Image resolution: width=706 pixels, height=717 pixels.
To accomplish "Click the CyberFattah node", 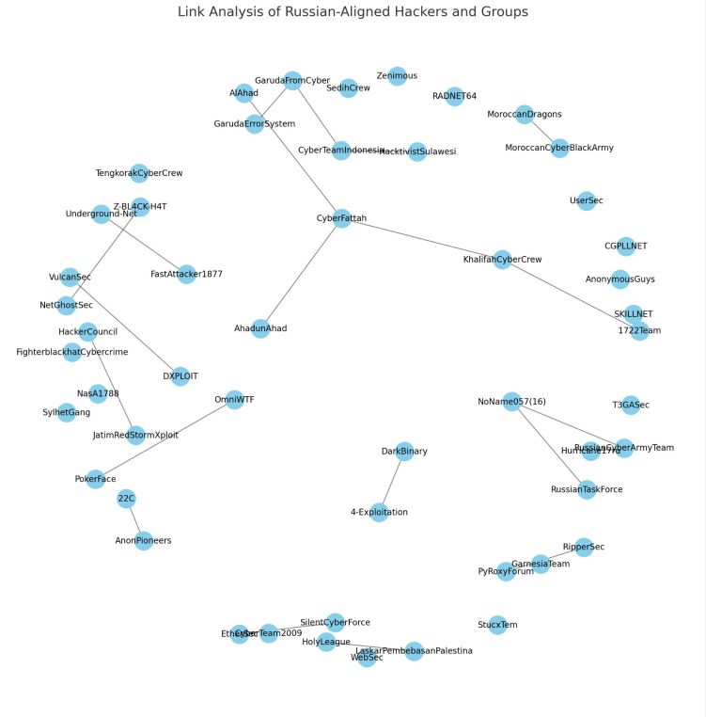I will [341, 218].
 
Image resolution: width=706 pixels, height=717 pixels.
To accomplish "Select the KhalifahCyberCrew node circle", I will [502, 260].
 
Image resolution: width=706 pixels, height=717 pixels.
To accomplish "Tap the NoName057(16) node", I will [511, 402].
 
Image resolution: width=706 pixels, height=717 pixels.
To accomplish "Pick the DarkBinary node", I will [404, 452].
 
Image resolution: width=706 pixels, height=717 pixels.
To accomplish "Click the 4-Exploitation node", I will [380, 512].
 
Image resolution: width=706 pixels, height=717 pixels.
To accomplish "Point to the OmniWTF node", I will [235, 399].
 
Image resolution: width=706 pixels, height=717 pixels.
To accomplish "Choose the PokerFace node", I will [95, 479].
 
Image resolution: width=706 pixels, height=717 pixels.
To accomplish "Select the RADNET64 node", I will [454, 96].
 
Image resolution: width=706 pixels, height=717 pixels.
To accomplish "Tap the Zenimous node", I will [397, 76].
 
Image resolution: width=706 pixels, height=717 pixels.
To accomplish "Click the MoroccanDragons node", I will [525, 114].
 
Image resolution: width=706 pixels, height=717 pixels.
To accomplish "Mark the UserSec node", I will [587, 200].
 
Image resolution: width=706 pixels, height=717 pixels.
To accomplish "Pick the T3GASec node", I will [631, 405].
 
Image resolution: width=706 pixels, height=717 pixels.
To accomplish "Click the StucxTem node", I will [497, 625].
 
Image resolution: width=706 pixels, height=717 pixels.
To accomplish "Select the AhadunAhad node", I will [260, 328].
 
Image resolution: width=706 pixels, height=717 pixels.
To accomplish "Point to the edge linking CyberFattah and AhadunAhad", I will [301, 273].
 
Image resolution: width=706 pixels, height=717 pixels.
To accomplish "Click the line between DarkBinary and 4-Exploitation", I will [392, 482].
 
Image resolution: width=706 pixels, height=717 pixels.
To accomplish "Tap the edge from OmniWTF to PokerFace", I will [165, 439].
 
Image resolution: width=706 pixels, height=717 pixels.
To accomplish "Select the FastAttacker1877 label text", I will [186, 274].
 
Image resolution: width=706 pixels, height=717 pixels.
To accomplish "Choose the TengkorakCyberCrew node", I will [139, 173].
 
